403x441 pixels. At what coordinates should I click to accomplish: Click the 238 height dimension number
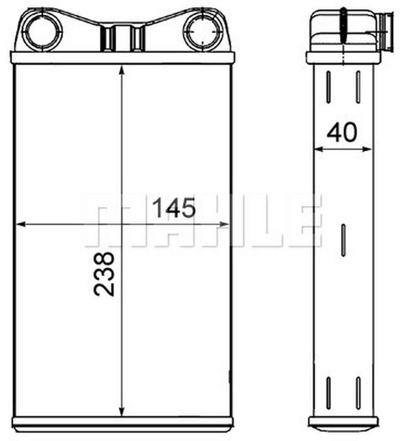[103, 274]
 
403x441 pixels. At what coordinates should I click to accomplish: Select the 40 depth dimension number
[342, 133]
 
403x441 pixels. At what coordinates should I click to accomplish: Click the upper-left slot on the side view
[329, 87]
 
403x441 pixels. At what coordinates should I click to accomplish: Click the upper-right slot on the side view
[358, 87]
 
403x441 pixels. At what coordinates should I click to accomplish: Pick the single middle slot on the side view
[343, 240]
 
